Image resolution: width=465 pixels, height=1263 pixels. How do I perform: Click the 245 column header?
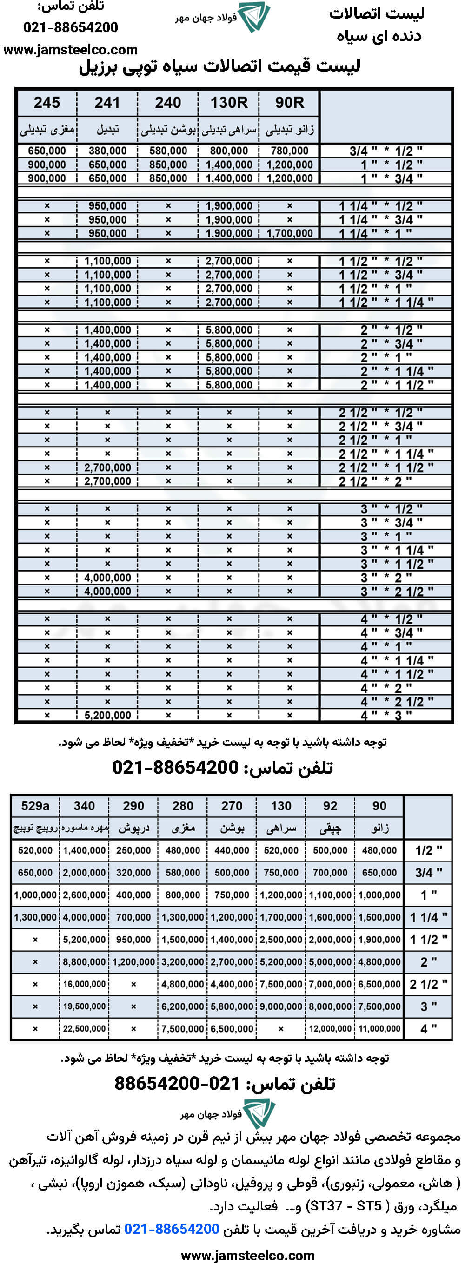pos(46,103)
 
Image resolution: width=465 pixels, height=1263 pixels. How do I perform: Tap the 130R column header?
pos(229,103)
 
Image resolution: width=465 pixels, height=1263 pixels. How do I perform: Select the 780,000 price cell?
pos(289,151)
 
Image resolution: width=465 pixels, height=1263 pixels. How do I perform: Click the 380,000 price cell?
pos(107,151)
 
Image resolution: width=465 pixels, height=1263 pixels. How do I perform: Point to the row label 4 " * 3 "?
pos(385,715)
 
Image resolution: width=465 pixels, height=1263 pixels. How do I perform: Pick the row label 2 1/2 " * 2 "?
pos(375,481)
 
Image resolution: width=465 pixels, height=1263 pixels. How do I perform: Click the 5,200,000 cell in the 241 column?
pos(107,715)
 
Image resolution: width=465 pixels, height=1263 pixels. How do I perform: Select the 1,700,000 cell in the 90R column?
pos(289,233)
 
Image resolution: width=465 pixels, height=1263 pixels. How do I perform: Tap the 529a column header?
pos(35,806)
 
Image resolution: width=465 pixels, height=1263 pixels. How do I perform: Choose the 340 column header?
pos(84,806)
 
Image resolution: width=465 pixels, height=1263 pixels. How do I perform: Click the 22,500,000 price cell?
pos(84,1029)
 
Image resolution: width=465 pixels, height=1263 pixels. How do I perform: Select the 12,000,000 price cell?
pos(330,1029)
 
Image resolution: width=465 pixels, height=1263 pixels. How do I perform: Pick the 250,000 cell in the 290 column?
pos(133,851)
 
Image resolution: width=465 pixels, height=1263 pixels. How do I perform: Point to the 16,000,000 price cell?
pos(84,984)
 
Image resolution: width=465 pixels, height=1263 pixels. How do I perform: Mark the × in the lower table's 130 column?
pos(281,1029)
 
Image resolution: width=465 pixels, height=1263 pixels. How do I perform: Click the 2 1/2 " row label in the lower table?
pos(428,984)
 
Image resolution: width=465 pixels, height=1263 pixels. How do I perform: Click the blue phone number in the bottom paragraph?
pos(172,1229)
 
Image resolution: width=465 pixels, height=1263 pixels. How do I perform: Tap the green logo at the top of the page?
pos(253,17)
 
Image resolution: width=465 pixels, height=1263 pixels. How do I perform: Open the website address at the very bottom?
pos(248,1255)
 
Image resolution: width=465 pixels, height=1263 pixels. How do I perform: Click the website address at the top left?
pos(70,50)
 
